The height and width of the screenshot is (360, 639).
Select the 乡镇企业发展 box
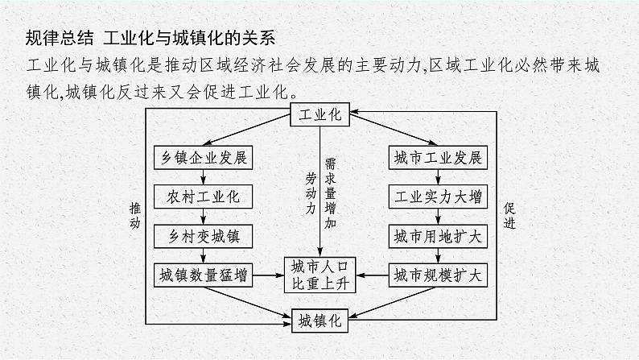click(x=203, y=157)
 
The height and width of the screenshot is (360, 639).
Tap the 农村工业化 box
click(x=203, y=197)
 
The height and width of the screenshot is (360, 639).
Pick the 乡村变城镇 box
click(x=203, y=236)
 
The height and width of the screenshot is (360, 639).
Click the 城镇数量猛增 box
click(x=203, y=275)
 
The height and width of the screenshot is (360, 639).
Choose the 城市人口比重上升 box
click(x=320, y=275)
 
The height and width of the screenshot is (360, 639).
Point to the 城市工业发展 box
click(x=438, y=157)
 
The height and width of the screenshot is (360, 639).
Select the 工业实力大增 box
click(x=438, y=197)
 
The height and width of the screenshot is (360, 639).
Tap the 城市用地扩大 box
click(x=438, y=236)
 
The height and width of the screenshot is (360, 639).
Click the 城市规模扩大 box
click(x=438, y=275)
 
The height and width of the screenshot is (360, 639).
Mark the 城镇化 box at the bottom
click(x=320, y=320)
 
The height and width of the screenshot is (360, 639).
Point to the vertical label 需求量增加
click(x=330, y=194)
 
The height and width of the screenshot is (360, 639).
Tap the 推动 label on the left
click(x=134, y=215)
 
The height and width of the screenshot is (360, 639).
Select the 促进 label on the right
click(x=509, y=215)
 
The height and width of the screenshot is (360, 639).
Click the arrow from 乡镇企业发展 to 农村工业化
click(x=203, y=177)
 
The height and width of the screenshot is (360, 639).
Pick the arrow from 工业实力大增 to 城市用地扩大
click(x=438, y=217)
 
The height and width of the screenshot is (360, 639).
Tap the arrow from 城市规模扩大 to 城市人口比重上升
click(x=375, y=275)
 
